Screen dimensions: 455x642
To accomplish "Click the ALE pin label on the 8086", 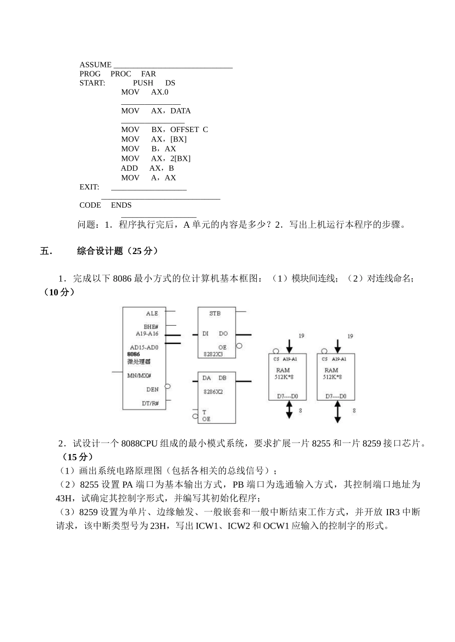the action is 152,313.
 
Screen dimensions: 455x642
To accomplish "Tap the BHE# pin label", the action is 151,327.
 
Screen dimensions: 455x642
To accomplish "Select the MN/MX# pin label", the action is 139,376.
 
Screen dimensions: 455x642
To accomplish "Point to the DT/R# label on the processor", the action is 150,403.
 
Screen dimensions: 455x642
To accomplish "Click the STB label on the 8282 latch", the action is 215,313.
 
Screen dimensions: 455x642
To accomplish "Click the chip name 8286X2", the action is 213,391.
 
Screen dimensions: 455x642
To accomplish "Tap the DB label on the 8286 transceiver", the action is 223,378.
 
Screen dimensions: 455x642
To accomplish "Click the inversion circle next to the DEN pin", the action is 168,387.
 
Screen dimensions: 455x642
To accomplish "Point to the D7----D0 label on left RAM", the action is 288,396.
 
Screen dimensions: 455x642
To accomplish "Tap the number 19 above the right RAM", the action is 350,336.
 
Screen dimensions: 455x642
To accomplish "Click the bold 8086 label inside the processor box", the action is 134,354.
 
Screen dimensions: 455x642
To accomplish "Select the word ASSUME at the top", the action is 95,65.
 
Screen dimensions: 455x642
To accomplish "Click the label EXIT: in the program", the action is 90,187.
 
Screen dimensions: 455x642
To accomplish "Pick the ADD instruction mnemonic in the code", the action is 129,168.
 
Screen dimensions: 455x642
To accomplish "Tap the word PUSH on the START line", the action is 143,83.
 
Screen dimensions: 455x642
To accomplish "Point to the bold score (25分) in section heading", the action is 142,251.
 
